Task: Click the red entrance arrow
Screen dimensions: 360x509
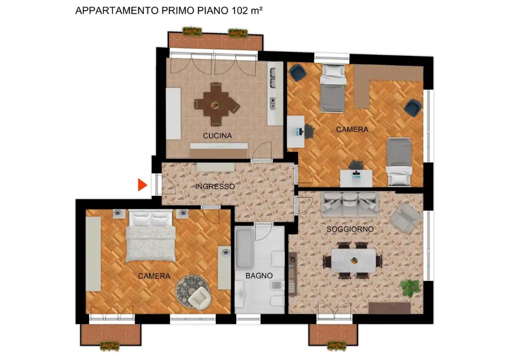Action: point(142,185)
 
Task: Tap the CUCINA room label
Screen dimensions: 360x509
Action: point(217,135)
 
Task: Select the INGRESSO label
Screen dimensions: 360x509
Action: point(215,186)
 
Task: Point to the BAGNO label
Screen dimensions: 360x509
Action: point(259,275)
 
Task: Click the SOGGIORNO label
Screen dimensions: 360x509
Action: point(350,229)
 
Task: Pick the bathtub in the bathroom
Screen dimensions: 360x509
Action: point(244,248)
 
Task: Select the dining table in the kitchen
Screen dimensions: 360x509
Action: point(216,105)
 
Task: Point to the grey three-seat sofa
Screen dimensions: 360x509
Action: point(350,201)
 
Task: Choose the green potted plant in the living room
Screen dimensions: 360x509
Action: point(410,288)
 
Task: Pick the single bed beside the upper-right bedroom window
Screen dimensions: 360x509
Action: point(399,161)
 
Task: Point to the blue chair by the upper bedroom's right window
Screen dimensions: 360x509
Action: point(413,107)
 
